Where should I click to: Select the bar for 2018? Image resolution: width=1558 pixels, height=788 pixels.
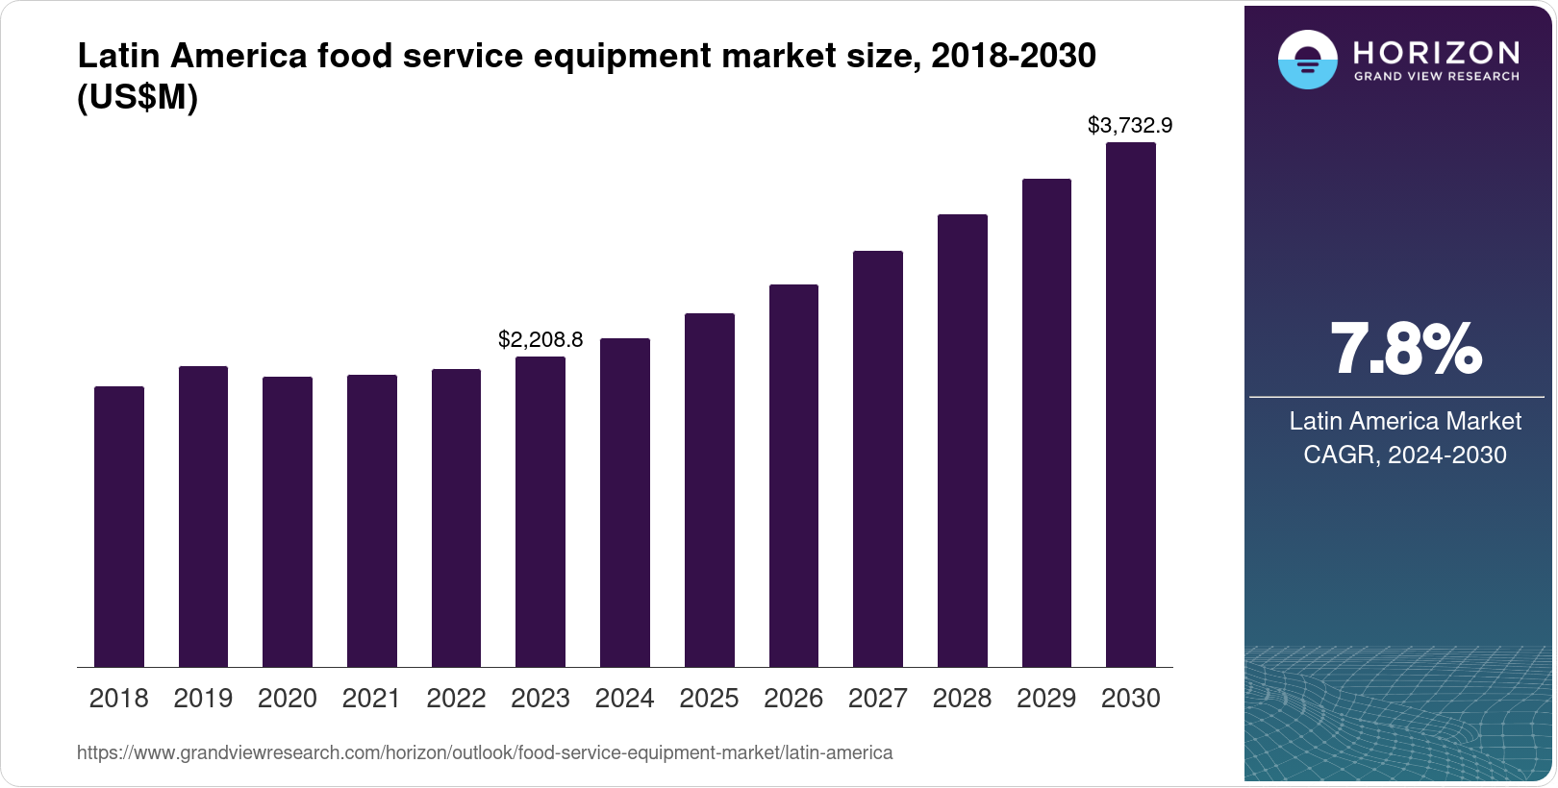click(119, 527)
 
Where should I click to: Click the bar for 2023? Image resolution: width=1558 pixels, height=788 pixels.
click(540, 512)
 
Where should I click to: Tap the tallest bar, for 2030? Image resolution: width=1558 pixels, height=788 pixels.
click(1131, 405)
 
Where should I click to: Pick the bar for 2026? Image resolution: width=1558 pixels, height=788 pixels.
click(793, 476)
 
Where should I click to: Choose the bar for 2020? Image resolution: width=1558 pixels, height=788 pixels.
click(288, 522)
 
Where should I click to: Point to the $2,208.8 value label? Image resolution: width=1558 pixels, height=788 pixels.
click(540, 339)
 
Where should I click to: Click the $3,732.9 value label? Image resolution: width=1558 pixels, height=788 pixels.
click(1130, 125)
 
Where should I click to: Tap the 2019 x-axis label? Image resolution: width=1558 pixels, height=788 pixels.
click(203, 699)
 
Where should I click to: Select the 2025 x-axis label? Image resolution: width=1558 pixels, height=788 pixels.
click(709, 699)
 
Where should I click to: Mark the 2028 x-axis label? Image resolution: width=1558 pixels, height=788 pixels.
click(962, 699)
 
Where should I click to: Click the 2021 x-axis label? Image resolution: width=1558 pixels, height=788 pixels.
click(371, 699)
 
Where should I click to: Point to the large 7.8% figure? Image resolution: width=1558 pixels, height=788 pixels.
click(1405, 350)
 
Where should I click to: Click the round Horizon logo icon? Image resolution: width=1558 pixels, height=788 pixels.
click(1307, 60)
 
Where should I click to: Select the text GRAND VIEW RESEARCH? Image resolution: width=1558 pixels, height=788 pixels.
click(1436, 76)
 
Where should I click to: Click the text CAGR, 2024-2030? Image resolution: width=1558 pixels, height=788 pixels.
click(1405, 455)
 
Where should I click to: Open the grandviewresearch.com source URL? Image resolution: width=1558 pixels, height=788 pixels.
click(485, 753)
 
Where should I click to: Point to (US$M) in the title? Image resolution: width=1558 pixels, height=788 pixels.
click(138, 98)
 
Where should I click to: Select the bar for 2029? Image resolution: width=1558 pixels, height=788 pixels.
click(1046, 423)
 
